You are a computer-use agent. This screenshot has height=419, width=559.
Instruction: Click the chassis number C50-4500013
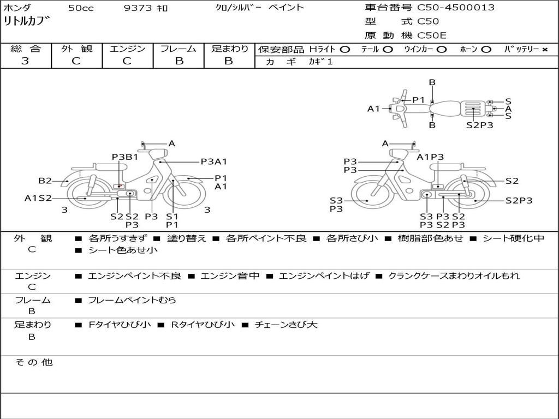pos(456,8)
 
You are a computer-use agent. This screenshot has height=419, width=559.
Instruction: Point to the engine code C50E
pos(432,36)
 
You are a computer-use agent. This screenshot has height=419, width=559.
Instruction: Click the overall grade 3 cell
pos(25,61)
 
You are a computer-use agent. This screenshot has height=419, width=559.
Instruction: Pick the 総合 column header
pos(25,49)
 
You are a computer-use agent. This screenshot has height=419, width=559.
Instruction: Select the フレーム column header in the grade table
pos(179,49)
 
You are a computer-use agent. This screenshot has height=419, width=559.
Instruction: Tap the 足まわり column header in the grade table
pos(229,49)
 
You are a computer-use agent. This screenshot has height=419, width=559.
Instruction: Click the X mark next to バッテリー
pos(544,50)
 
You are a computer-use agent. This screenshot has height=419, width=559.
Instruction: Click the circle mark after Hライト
pos(345,50)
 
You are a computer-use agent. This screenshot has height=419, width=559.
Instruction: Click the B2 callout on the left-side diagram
pos(45,181)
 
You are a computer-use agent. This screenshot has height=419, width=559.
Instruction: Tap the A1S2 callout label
pos(38,198)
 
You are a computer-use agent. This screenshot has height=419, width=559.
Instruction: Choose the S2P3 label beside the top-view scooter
pos(480,125)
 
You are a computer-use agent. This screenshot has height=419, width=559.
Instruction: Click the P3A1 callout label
pos(213,161)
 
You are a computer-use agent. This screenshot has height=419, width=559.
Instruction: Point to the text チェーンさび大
pos(286,325)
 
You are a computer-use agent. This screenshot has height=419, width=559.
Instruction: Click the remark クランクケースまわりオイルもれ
pos(454,276)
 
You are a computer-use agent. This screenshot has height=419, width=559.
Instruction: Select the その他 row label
pos(33,362)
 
